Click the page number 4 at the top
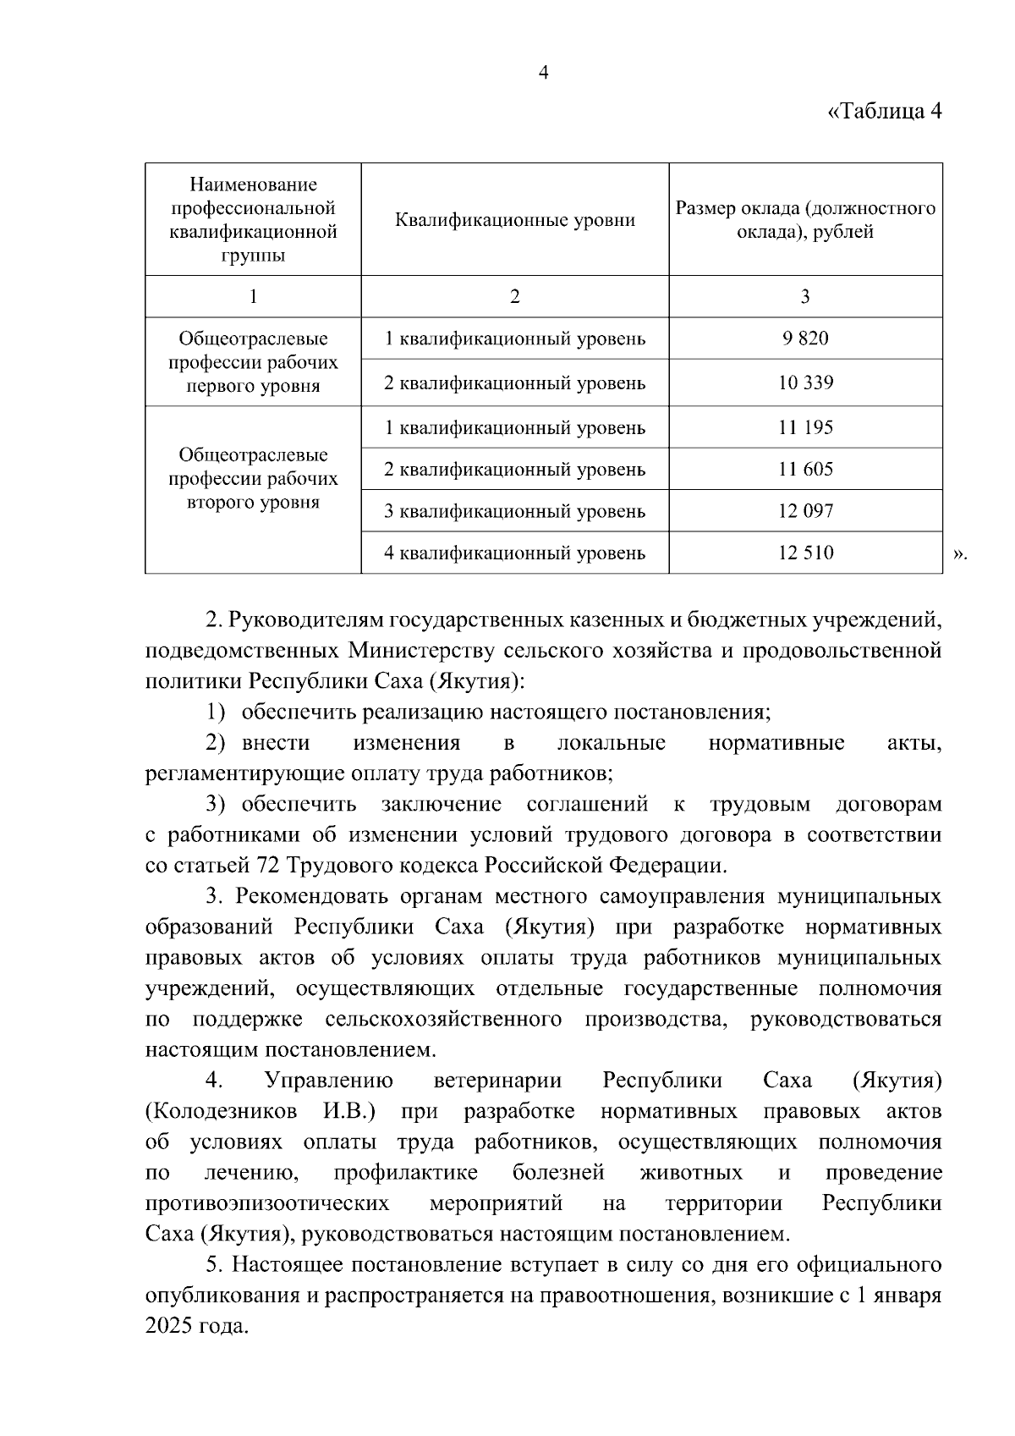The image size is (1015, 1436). click(x=544, y=74)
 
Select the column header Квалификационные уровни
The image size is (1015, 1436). click(x=514, y=220)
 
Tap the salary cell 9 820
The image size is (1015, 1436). click(x=805, y=338)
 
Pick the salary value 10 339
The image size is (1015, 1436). click(x=805, y=382)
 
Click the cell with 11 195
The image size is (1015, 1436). click(x=805, y=427)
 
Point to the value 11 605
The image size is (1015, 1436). click(x=805, y=469)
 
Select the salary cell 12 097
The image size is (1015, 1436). click(x=805, y=511)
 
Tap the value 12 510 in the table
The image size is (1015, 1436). click(x=805, y=553)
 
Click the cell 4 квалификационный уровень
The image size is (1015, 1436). click(x=514, y=553)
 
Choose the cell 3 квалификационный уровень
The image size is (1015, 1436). click(x=514, y=511)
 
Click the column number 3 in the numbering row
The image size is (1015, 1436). click(x=805, y=296)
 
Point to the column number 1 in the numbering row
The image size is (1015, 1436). click(x=253, y=296)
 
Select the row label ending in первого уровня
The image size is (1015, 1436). click(x=253, y=362)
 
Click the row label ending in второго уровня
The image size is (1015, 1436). click(x=253, y=479)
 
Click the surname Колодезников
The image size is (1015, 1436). click(x=222, y=1111)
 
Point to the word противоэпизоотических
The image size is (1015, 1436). click(x=267, y=1203)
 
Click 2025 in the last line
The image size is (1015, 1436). click(x=168, y=1326)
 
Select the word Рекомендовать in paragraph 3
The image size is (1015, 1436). click(x=307, y=896)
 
